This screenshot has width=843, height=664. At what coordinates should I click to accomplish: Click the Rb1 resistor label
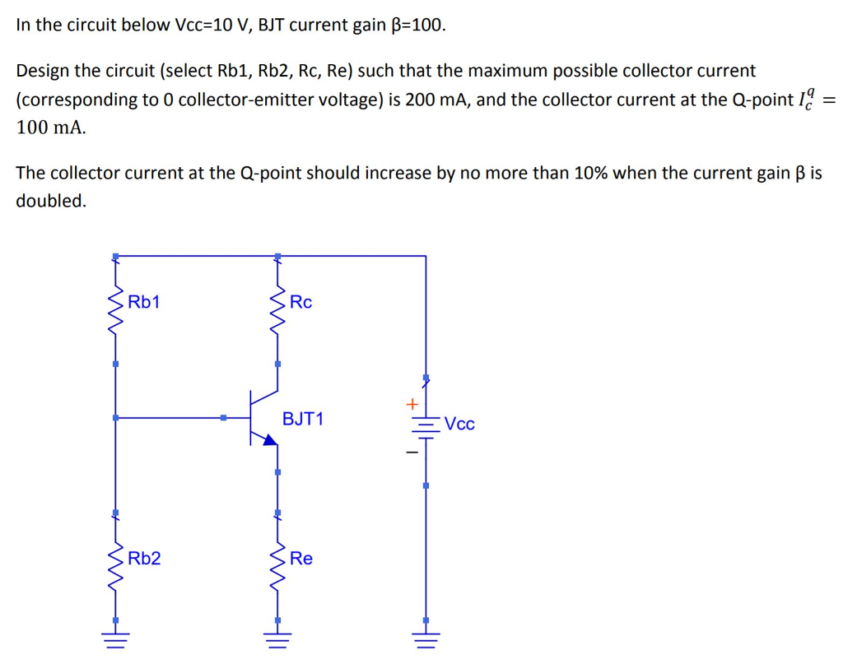[144, 302]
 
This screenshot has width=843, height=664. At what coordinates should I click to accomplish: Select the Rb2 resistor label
[144, 559]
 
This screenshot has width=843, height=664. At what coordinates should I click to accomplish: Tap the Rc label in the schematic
[301, 302]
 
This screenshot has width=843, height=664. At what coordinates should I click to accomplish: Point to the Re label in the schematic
[301, 559]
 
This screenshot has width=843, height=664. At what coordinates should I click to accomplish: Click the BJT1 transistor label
[303, 419]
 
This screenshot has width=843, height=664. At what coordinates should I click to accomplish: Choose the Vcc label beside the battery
[459, 425]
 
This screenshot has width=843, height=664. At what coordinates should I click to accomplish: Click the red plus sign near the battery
[411, 404]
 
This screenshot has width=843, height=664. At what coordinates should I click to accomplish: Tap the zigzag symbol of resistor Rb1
[116, 311]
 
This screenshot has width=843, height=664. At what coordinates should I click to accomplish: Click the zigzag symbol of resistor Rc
[277, 311]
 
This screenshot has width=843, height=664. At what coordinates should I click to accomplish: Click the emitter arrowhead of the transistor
[269, 440]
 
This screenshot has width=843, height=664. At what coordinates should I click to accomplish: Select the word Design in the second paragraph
[43, 71]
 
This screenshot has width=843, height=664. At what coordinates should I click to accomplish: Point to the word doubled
[50, 201]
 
